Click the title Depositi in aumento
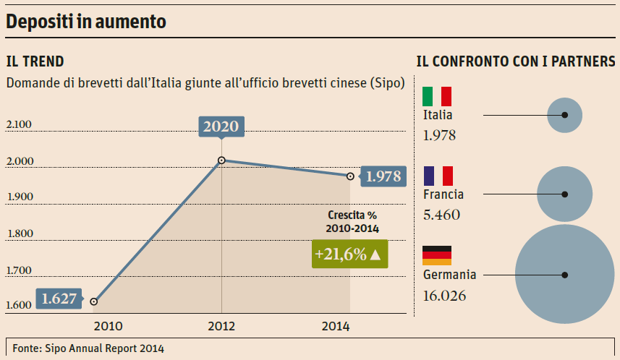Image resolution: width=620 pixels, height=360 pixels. (86, 22)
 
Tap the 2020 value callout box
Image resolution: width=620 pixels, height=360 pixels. (221, 127)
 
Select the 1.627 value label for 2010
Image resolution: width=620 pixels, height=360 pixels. (59, 298)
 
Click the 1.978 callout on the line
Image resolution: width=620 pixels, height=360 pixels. (383, 176)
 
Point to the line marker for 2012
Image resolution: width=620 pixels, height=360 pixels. (221, 160)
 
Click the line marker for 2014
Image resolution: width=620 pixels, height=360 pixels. (350, 176)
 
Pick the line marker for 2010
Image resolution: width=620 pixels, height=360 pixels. (94, 301)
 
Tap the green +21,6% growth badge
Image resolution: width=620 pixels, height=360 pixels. (349, 254)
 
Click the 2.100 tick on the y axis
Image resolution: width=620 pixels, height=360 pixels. (18, 125)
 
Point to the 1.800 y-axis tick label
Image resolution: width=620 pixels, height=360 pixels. (18, 233)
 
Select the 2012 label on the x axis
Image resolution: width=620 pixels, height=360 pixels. (221, 326)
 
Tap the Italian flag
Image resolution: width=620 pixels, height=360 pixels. (437, 96)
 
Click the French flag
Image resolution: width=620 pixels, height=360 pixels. (438, 176)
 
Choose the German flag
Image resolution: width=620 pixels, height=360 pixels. (437, 255)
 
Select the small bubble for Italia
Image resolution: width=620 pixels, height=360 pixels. (565, 115)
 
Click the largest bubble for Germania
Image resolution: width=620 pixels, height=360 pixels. (564, 275)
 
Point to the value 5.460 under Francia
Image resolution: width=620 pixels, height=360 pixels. (441, 215)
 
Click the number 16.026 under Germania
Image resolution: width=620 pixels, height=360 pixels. (444, 296)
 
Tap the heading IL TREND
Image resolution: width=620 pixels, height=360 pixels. (35, 61)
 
